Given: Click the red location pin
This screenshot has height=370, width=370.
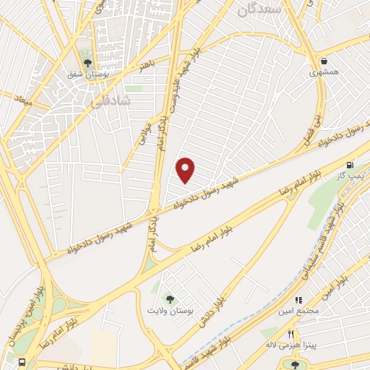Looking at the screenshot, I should pos(186,171).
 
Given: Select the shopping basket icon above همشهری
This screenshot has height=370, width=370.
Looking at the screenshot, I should pos(324,61).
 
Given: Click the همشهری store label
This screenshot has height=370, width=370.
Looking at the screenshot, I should pos(323,73).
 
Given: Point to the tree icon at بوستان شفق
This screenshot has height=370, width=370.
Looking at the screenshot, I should pos(87,64).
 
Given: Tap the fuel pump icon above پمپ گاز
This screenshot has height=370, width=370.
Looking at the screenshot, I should pos(351,165).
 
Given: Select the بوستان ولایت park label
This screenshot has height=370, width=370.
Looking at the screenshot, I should pos(170,311).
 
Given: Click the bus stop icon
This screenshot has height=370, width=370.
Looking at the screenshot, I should pos(23,362).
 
